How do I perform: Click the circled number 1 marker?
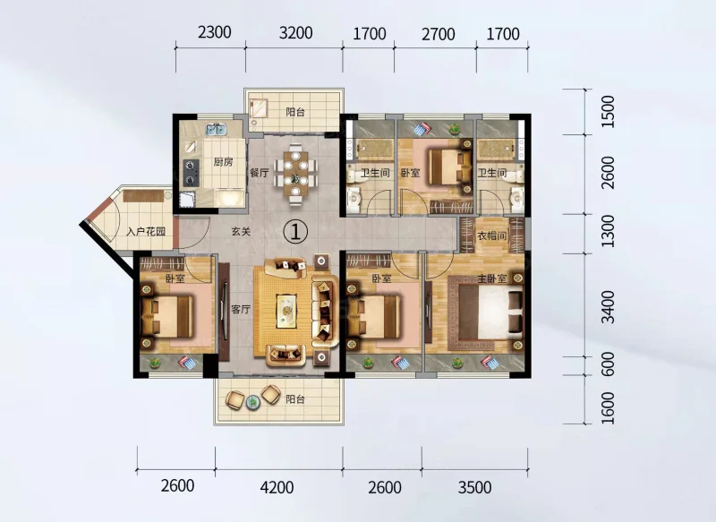[295, 232]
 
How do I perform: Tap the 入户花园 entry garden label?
[146, 232]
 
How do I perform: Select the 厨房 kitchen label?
[223, 162]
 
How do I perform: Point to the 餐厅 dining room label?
[259, 173]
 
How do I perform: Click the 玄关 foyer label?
[241, 232]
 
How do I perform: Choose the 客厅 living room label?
[241, 309]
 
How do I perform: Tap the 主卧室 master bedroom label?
[492, 278]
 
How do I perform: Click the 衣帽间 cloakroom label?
[491, 236]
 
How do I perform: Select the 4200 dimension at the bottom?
[277, 487]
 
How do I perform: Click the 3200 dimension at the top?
[296, 33]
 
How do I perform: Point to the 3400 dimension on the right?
[608, 306]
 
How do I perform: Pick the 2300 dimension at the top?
[215, 32]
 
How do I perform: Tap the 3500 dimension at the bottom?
[475, 487]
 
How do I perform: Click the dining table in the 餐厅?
[295, 174]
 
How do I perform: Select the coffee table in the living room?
[286, 311]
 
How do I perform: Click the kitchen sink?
[216, 129]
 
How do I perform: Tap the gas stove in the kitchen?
[192, 173]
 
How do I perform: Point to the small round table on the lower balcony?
[252, 402]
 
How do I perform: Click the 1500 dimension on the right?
[608, 111]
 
